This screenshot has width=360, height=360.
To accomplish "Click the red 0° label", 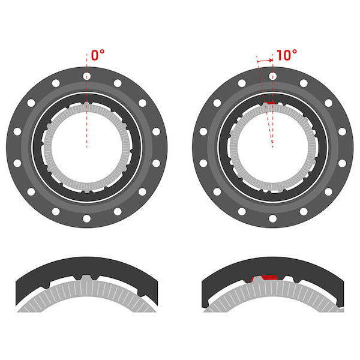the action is (x=98, y=55).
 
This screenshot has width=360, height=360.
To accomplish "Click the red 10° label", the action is (x=287, y=55).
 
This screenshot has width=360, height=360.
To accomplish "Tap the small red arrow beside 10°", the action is (x=265, y=61).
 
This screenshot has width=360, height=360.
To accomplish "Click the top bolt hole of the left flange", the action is (x=86, y=76).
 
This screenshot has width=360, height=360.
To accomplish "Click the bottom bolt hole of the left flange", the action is (x=86, y=218).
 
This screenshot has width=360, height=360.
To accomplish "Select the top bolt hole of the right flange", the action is (x=272, y=76).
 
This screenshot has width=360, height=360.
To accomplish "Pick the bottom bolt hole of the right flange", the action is (x=272, y=218).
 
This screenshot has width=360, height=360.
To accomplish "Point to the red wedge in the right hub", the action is (x=271, y=103).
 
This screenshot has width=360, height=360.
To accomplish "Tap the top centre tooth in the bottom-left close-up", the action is (x=86, y=278).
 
